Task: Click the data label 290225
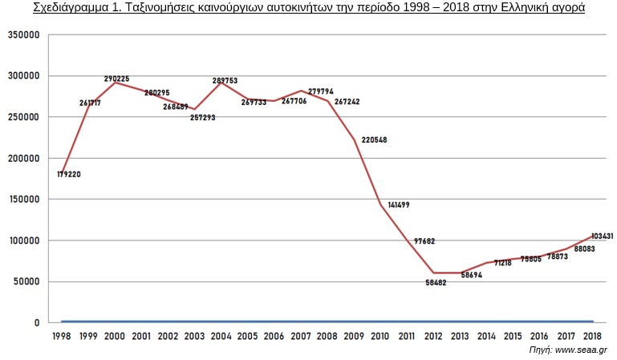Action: pos(116,79)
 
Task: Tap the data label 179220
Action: pos(70,174)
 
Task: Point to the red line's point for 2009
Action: pos(354,140)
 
